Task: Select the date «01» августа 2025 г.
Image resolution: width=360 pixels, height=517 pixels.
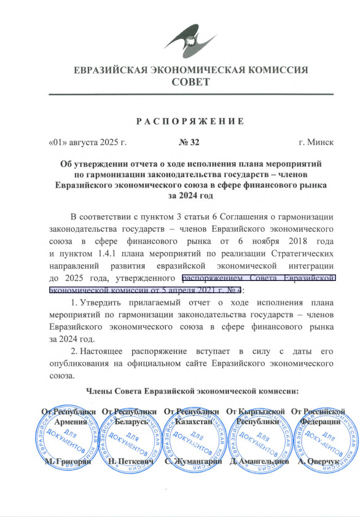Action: pos(87,143)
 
